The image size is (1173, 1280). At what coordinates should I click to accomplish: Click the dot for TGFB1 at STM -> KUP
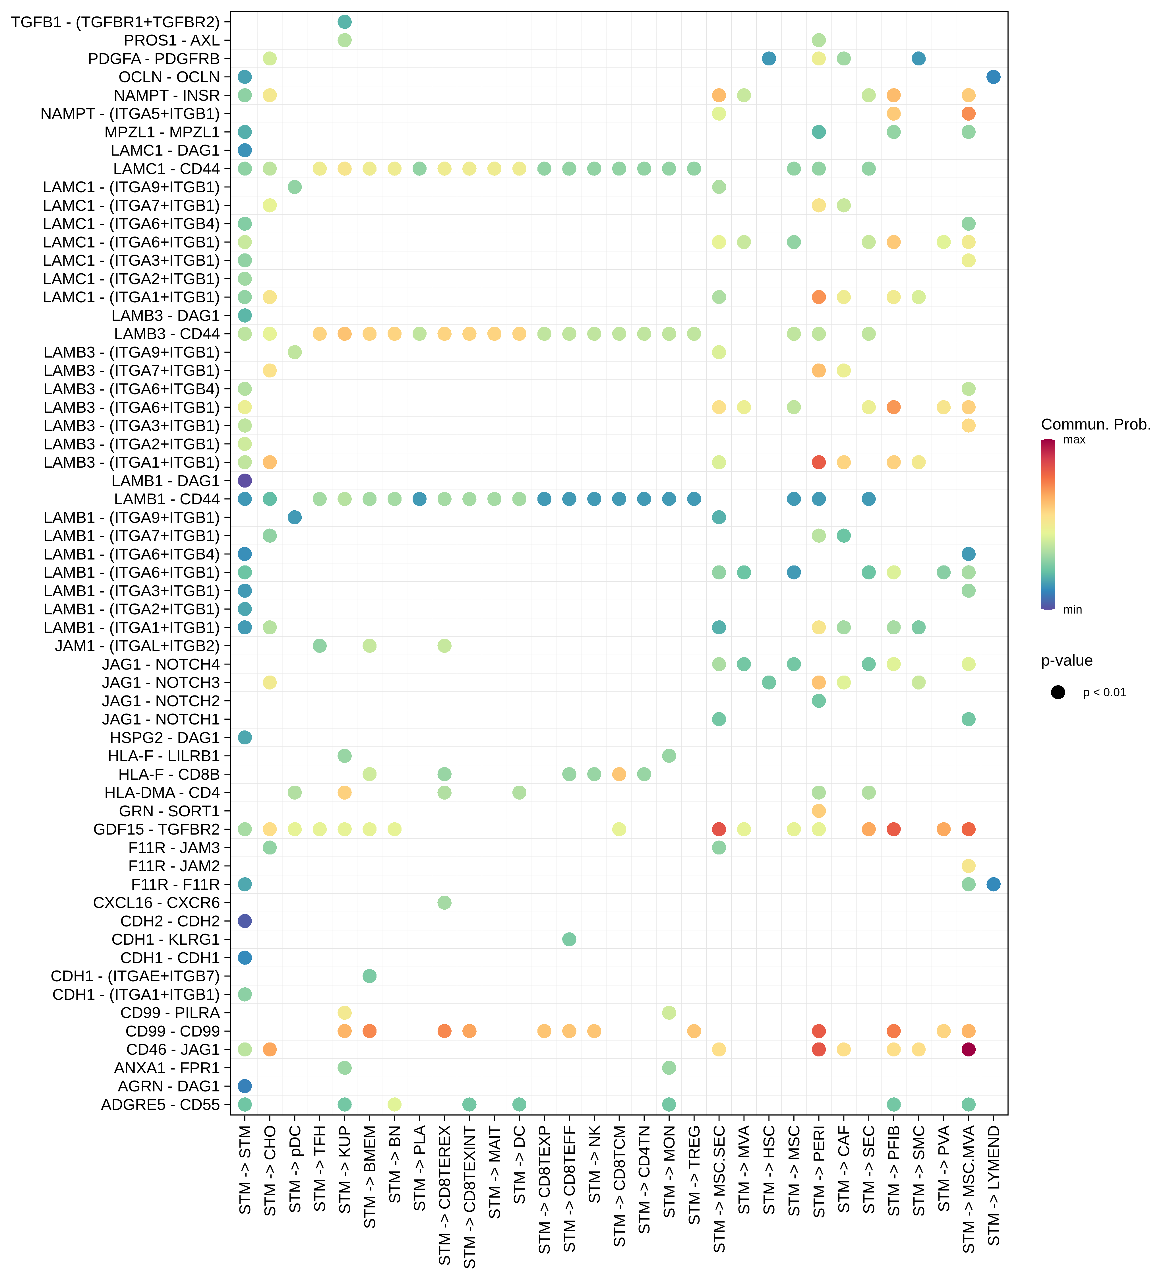(x=345, y=22)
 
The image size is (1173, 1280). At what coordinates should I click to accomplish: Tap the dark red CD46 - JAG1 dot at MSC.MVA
(x=968, y=1050)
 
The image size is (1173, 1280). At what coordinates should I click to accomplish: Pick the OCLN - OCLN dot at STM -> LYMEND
(x=993, y=77)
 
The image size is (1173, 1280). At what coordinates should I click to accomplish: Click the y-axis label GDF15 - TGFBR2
(x=156, y=829)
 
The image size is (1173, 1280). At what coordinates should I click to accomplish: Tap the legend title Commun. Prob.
(x=1096, y=425)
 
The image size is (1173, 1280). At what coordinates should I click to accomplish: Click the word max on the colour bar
(x=1074, y=440)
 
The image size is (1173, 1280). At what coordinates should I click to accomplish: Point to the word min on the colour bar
(x=1072, y=610)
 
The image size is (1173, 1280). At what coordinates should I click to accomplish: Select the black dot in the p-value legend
(x=1058, y=692)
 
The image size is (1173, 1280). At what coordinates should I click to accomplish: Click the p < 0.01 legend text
(x=1104, y=693)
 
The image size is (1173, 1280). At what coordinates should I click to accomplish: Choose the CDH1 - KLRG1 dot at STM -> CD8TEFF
(x=569, y=939)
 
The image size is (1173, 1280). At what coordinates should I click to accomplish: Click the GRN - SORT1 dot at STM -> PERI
(x=819, y=811)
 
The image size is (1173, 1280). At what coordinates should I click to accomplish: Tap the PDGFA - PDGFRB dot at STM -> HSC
(x=769, y=58)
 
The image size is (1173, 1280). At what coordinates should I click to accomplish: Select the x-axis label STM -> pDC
(x=295, y=1169)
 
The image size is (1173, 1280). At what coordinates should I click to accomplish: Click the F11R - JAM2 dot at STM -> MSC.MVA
(x=968, y=866)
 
